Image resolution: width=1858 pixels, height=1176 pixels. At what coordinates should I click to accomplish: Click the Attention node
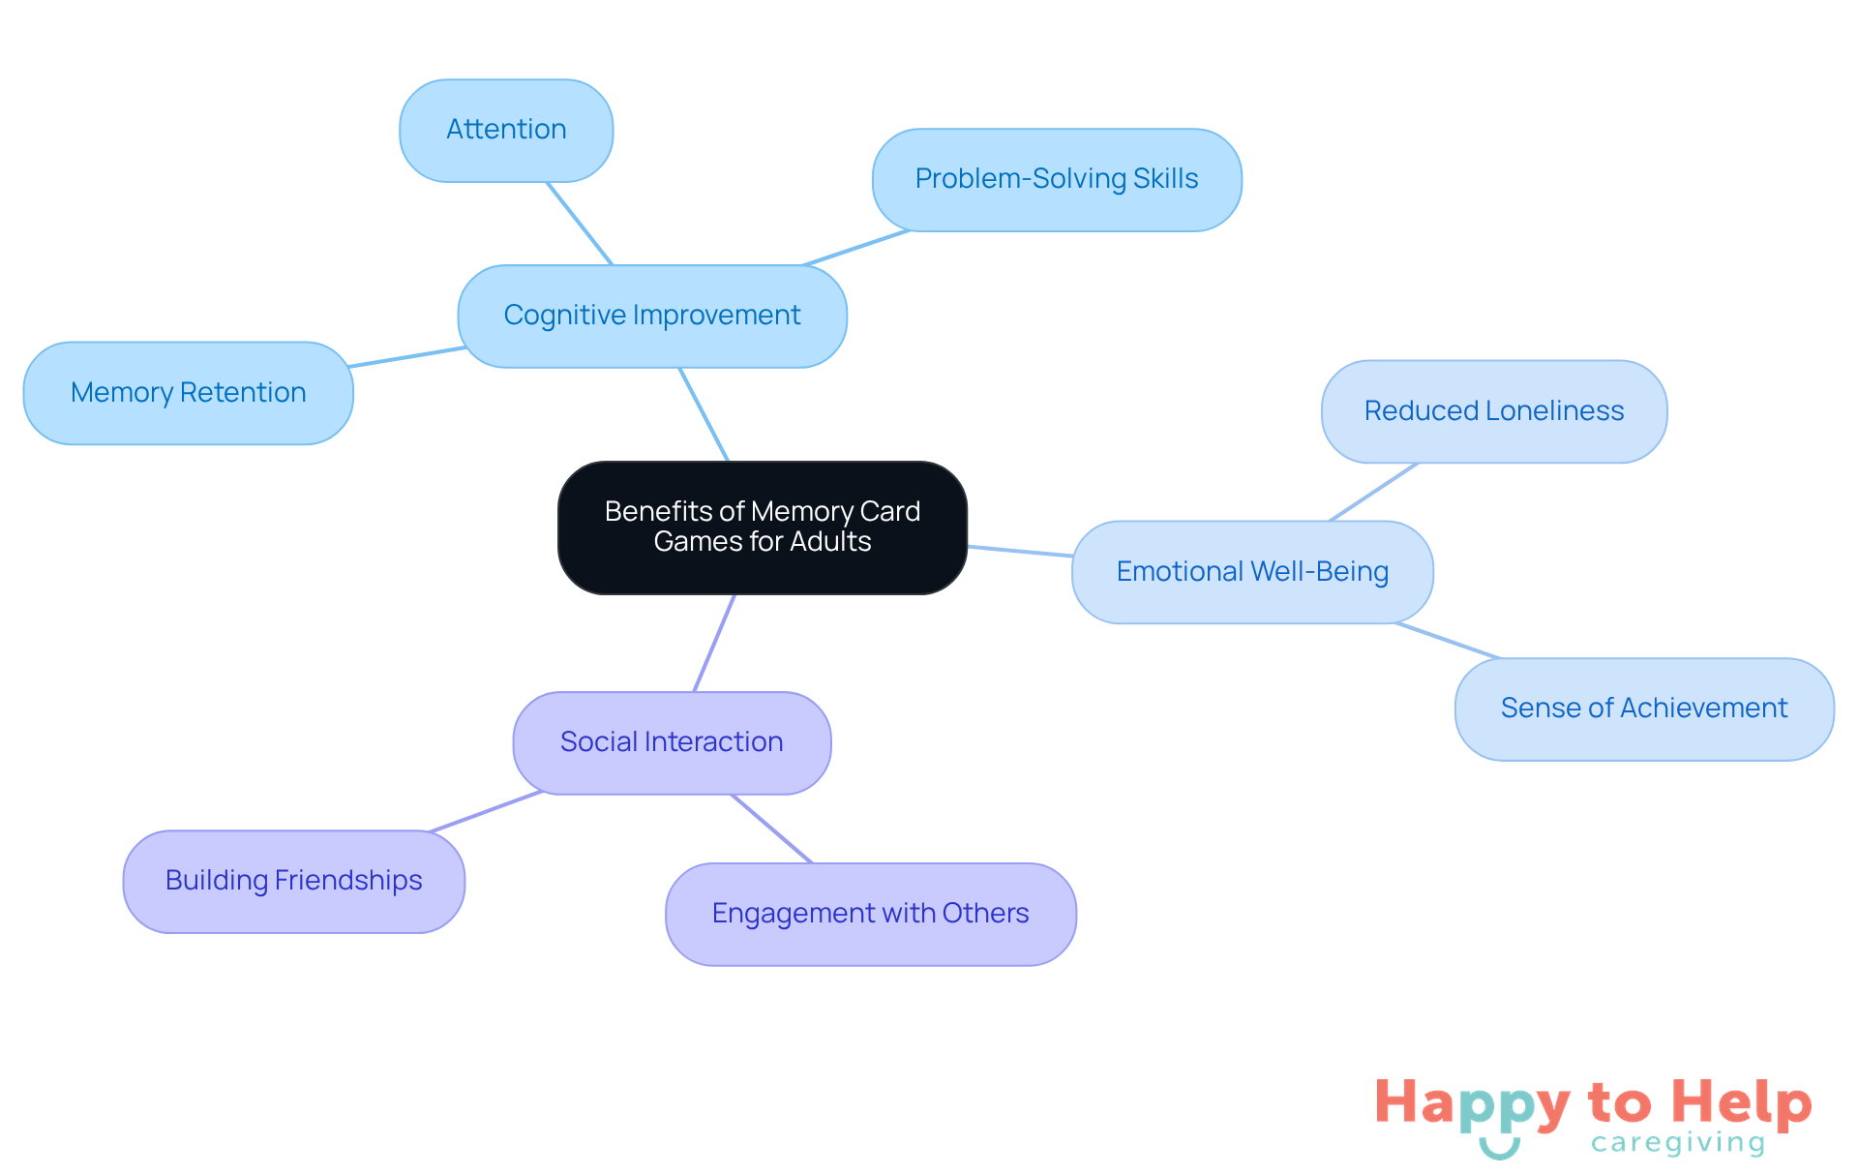tap(506, 131)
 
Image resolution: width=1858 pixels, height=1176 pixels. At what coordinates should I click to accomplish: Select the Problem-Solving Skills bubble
tap(1057, 180)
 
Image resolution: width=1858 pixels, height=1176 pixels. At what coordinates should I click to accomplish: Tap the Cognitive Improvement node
tap(652, 317)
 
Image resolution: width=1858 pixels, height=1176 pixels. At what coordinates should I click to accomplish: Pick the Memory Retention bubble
tap(189, 393)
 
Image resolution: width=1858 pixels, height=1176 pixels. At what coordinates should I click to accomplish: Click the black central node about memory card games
tap(763, 528)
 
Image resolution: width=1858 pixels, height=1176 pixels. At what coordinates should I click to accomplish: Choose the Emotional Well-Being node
tap(1252, 572)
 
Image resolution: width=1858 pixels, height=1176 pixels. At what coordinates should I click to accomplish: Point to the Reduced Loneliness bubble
tap(1494, 411)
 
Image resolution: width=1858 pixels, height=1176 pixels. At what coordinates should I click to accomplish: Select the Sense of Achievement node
tap(1644, 709)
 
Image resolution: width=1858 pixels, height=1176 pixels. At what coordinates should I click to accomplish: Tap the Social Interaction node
tap(672, 743)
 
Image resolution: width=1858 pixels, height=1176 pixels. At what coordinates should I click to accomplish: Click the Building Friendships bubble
tap(294, 882)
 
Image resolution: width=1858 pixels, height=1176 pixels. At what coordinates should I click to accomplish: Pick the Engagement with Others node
tap(871, 915)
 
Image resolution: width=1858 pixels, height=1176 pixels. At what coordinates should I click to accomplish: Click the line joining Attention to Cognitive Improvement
tap(580, 224)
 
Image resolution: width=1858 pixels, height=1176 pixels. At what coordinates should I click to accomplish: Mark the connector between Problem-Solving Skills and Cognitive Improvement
tap(856, 248)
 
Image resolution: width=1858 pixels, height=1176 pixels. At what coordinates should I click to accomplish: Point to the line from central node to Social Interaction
tap(714, 643)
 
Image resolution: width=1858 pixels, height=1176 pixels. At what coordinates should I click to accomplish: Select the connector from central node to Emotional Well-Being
tap(1020, 551)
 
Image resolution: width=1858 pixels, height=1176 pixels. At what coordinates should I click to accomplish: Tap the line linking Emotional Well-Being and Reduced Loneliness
tap(1374, 492)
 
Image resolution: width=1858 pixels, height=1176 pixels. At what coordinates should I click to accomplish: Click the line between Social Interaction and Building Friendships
tap(486, 811)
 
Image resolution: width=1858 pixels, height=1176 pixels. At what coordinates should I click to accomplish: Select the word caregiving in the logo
tap(1678, 1143)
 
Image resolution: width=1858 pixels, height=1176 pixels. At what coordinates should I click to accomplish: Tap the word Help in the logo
tap(1742, 1104)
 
